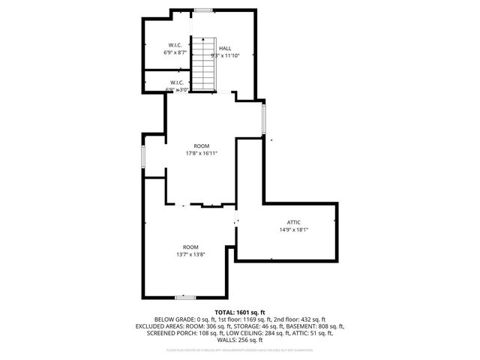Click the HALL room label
tap(225, 48)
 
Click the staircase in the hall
tap(205, 63)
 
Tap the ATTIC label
tap(294, 222)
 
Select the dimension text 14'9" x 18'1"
tap(294, 229)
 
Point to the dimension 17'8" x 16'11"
tap(201, 153)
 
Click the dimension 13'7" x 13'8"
tap(190, 254)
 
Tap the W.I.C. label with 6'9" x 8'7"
tap(175, 46)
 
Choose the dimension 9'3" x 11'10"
tap(225, 55)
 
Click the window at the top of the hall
tap(202, 10)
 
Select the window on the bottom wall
tap(185, 298)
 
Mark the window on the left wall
tap(143, 158)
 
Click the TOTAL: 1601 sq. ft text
tap(240, 311)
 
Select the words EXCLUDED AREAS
tap(163, 326)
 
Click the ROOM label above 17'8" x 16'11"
tap(201, 145)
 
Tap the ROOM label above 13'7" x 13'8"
tap(190, 247)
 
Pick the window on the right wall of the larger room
tap(263, 117)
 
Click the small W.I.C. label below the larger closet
tap(177, 82)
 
